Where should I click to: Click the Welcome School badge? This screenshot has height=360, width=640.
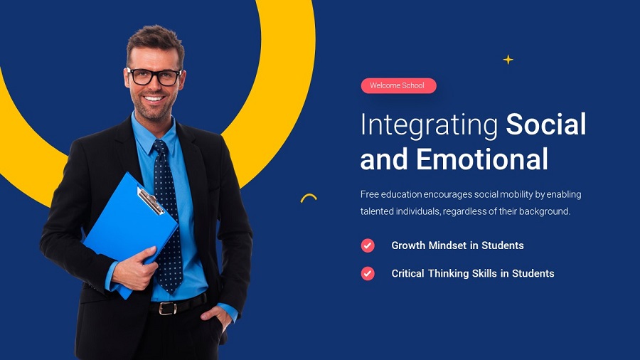click(x=398, y=86)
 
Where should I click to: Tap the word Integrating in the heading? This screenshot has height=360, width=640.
click(x=429, y=125)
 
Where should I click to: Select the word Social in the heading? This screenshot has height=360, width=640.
click(x=546, y=125)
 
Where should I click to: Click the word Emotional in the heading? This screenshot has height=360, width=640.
click(x=482, y=159)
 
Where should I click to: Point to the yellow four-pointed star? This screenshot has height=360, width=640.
click(x=508, y=60)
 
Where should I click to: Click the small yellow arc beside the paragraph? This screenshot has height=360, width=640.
click(x=309, y=198)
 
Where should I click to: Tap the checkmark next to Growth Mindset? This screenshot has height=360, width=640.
click(x=368, y=245)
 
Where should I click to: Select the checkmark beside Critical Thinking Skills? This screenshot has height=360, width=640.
click(x=368, y=273)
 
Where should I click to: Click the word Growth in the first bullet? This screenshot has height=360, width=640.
click(x=408, y=245)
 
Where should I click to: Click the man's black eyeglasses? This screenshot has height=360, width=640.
click(x=154, y=77)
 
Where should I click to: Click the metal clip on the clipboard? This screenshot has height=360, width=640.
click(x=150, y=201)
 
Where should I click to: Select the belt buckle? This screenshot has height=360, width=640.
click(x=166, y=308)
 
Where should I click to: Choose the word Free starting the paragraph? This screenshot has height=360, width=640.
click(x=370, y=194)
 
